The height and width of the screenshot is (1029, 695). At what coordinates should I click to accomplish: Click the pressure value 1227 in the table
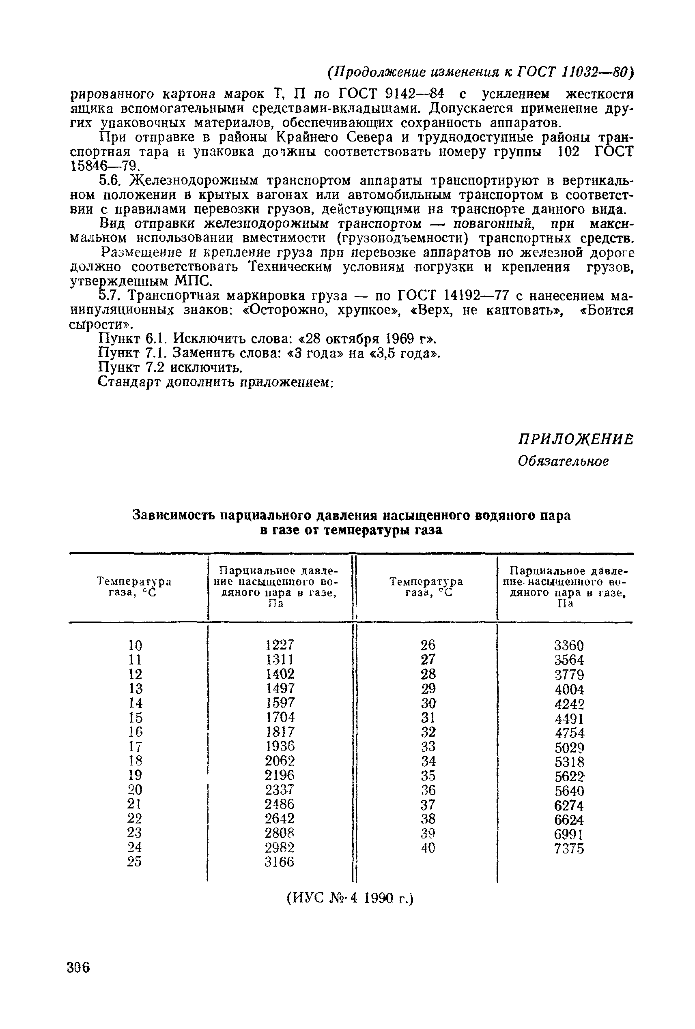(x=280, y=644)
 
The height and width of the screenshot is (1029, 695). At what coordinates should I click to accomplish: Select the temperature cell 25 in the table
(x=135, y=862)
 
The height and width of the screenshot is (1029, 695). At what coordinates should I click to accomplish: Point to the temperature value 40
(x=428, y=847)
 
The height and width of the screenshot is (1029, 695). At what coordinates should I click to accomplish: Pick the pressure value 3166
(x=280, y=862)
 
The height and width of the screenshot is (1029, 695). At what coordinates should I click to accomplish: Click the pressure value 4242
(x=569, y=703)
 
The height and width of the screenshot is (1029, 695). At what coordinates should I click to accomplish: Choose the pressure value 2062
(x=280, y=760)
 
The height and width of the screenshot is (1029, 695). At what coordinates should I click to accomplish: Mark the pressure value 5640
(x=569, y=791)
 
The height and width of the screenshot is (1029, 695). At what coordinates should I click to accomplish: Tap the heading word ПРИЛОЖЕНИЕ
(x=575, y=439)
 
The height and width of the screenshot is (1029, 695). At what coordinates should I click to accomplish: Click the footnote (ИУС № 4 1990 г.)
(x=350, y=898)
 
